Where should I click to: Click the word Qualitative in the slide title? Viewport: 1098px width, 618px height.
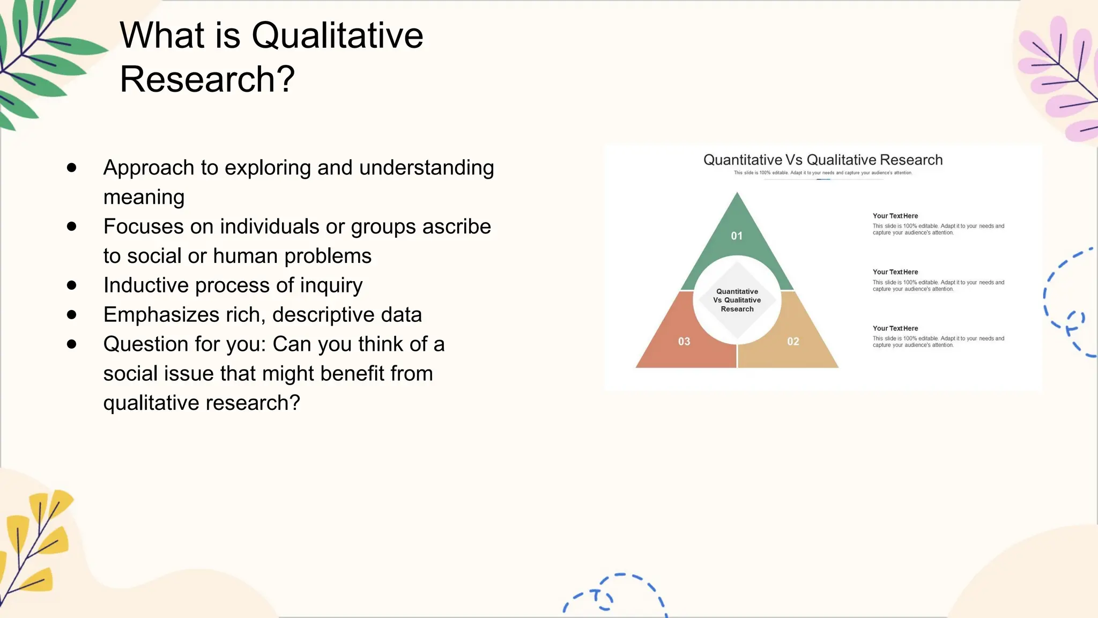(337, 36)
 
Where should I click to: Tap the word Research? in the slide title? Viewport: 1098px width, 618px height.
(207, 79)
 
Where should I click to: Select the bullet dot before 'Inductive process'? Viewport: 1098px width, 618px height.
(72, 285)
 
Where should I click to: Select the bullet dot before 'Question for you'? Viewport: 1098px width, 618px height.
(72, 344)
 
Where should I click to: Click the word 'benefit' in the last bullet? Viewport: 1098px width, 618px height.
(352, 373)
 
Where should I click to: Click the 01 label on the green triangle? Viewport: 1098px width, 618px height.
(737, 236)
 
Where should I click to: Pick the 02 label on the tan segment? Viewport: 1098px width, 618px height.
(793, 342)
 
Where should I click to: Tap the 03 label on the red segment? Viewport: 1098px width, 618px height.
(684, 342)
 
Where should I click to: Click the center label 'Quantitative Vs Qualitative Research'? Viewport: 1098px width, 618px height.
(737, 300)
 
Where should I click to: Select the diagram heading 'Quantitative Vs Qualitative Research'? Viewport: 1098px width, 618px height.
(822, 160)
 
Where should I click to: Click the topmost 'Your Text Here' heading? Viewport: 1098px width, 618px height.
(895, 216)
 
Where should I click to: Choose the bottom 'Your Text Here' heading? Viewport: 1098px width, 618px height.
(895, 328)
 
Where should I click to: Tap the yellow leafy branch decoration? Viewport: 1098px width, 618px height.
(35, 542)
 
